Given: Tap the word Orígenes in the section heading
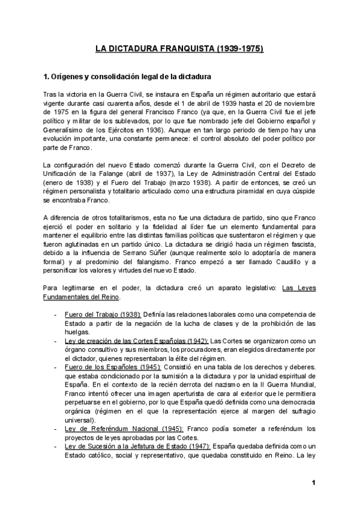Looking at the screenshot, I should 71,77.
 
